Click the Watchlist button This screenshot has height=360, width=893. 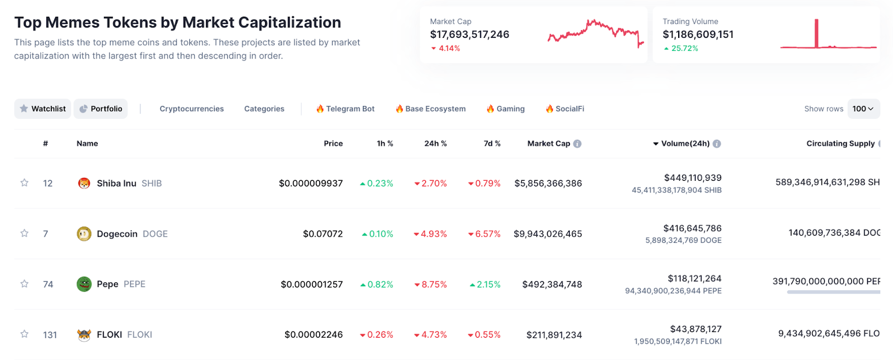[43, 109]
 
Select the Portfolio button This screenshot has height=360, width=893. [100, 109]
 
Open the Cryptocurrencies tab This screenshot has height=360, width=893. [191, 109]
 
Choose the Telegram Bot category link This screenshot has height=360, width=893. [345, 109]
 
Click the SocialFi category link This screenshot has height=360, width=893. [565, 109]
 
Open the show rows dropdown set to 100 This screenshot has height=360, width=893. [863, 109]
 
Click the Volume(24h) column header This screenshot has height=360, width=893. [685, 143]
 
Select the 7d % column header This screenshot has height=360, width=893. [492, 143]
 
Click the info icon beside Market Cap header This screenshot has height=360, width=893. [578, 144]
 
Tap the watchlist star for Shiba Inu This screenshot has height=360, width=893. [25, 183]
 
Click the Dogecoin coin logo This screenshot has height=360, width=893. [84, 234]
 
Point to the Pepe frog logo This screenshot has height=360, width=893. [84, 284]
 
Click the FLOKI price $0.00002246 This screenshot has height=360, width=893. [314, 335]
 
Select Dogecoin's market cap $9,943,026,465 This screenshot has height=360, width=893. [548, 234]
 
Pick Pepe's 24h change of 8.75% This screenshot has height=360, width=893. [434, 285]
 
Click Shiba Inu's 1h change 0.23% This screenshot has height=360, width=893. [380, 184]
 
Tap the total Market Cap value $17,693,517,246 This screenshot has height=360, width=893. [469, 35]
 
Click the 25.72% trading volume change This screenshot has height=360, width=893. [684, 49]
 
